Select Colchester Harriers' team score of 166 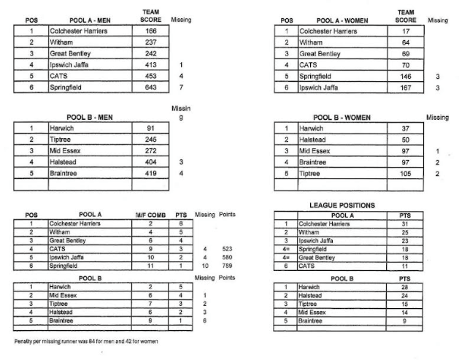151,31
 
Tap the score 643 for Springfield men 151,87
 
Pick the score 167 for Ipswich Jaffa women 405,87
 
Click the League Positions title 342,205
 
